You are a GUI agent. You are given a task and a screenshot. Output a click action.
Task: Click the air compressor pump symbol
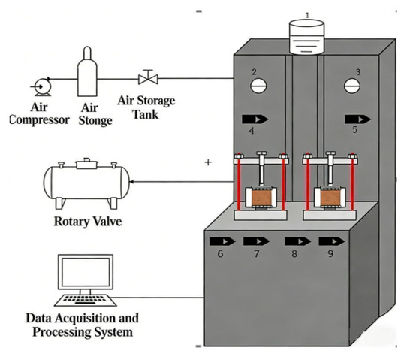tap(42, 86)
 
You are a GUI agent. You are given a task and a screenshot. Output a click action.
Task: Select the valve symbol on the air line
tap(148, 77)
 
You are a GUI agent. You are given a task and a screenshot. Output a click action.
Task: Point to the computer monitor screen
tap(86, 272)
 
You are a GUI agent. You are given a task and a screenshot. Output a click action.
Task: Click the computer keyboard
tap(86, 300)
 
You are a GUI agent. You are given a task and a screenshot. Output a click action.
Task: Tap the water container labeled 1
tap(306, 37)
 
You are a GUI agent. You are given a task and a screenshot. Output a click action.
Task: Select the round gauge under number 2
tap(258, 86)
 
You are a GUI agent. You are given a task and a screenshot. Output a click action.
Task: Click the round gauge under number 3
tap(352, 86)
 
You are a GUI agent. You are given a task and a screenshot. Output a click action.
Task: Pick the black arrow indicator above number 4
tap(255, 119)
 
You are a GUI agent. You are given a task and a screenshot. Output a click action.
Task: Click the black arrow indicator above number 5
tap(357, 119)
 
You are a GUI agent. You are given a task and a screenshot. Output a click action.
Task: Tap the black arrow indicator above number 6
tap(222, 241)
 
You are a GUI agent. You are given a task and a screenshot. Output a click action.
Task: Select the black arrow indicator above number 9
tap(332, 241)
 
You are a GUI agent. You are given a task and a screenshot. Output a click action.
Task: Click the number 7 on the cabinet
tap(257, 253)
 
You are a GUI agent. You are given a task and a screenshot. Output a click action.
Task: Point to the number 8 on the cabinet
tap(294, 253)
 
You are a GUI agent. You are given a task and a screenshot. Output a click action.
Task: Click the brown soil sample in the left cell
tap(261, 198)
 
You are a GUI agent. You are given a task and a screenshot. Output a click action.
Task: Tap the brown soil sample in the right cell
tap(330, 198)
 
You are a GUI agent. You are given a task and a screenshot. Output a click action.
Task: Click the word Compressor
tap(40, 120)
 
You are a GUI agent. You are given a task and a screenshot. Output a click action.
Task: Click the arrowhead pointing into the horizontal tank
tap(132, 182)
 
